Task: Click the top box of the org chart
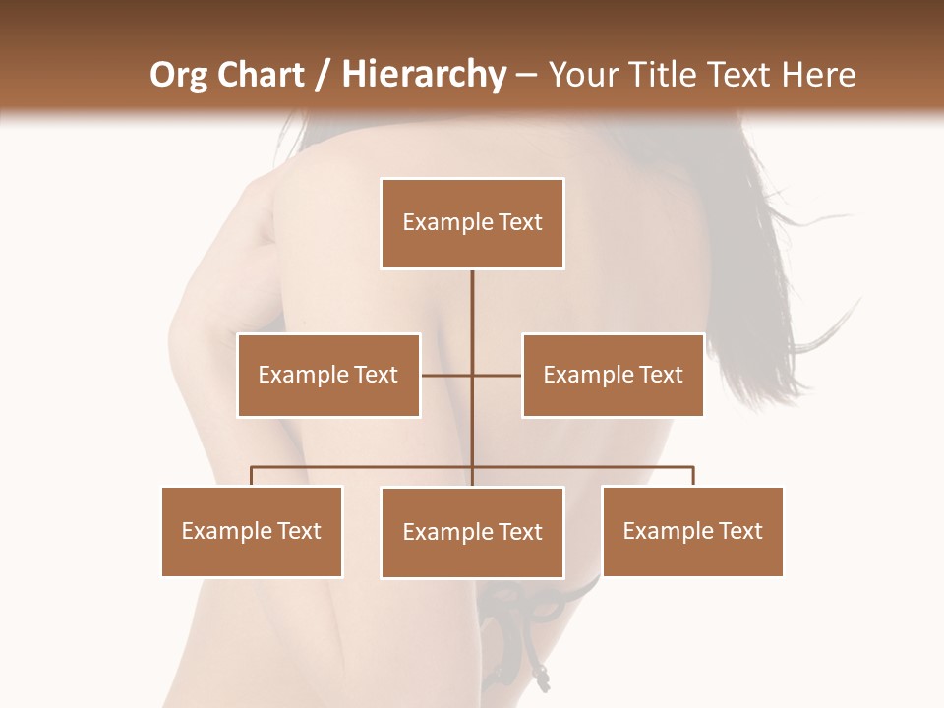pos(472,223)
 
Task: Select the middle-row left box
pos(328,375)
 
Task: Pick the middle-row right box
pos(613,375)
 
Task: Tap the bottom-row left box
pos(252,531)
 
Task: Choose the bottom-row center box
pos(472,532)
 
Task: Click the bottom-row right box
pos(692,531)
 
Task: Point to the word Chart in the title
pos(262,75)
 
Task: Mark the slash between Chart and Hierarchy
pos(323,75)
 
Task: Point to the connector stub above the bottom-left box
pos(252,477)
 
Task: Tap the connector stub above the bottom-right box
pos(693,477)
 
